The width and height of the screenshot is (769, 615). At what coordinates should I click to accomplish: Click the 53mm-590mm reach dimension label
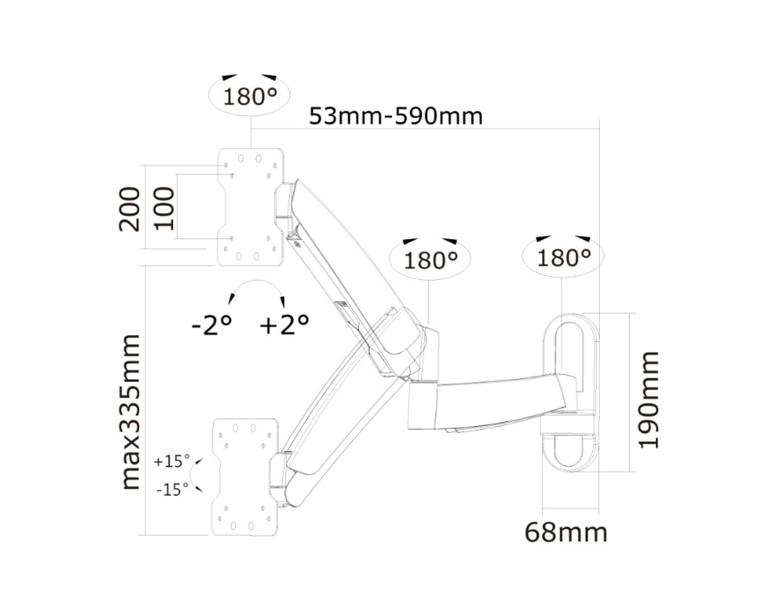(x=396, y=116)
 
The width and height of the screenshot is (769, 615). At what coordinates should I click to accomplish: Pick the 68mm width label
(x=566, y=532)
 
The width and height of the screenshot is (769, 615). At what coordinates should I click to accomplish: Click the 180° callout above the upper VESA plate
(x=250, y=97)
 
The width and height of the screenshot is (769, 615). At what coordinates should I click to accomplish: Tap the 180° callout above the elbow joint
(x=431, y=260)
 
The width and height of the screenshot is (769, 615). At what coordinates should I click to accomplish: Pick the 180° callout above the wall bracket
(x=564, y=257)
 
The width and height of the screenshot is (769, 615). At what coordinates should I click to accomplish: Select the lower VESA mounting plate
(x=242, y=477)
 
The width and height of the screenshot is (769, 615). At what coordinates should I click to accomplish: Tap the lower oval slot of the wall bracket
(x=570, y=450)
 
